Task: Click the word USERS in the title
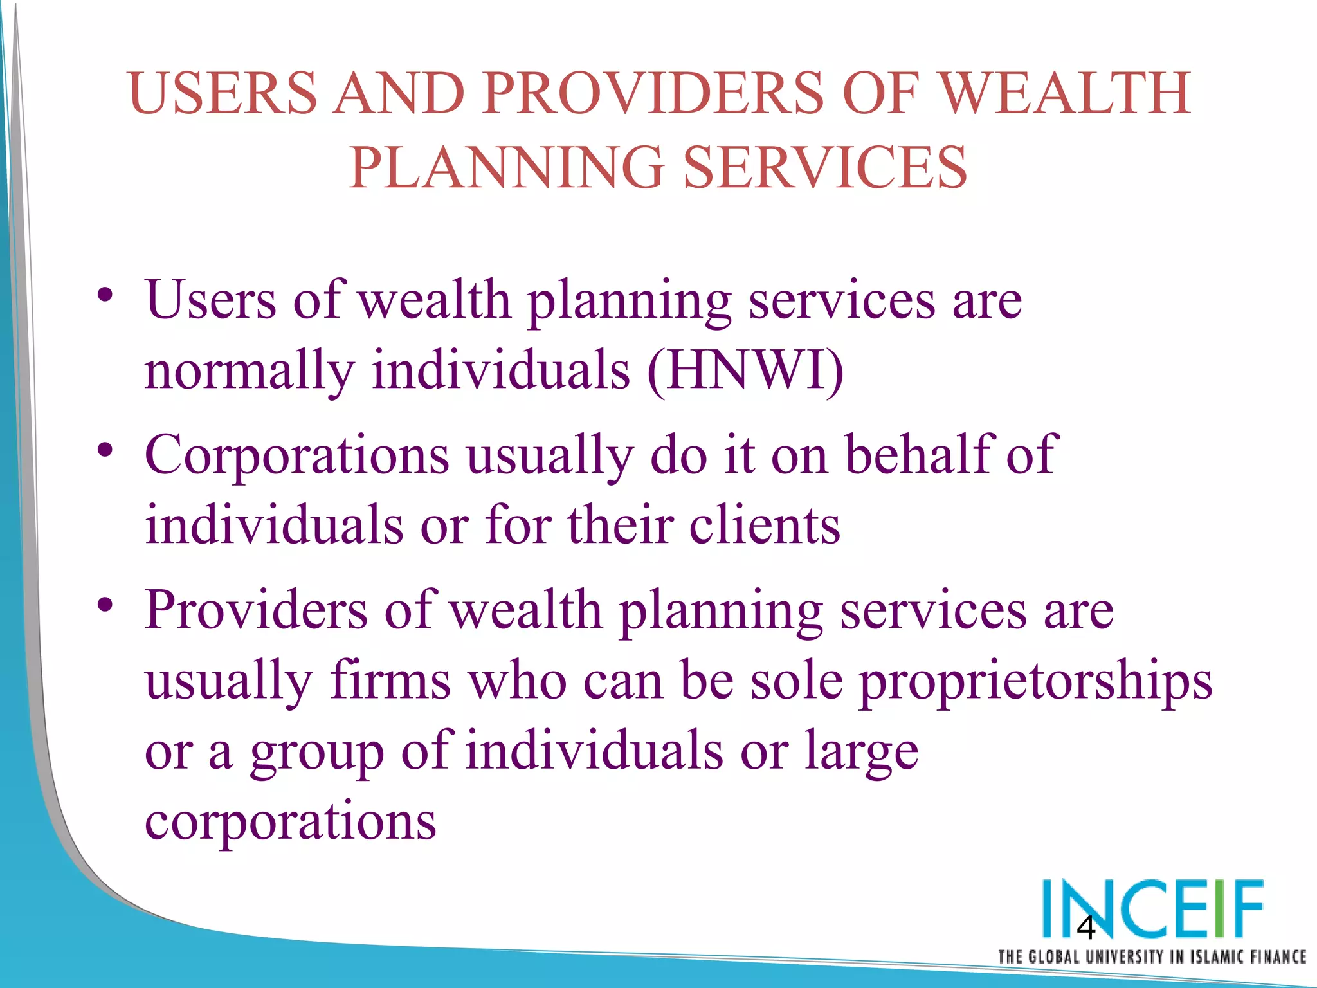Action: pos(223,93)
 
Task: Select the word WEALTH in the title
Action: pos(1066,93)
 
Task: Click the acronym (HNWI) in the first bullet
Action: pos(745,371)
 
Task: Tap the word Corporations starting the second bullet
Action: pos(296,455)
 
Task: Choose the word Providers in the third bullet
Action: pos(256,610)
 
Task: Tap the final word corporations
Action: pos(291,822)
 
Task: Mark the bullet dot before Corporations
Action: pos(105,450)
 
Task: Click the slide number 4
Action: pos(1085,928)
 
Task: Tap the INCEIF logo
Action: pos(1152,908)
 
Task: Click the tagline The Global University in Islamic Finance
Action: pos(1152,957)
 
